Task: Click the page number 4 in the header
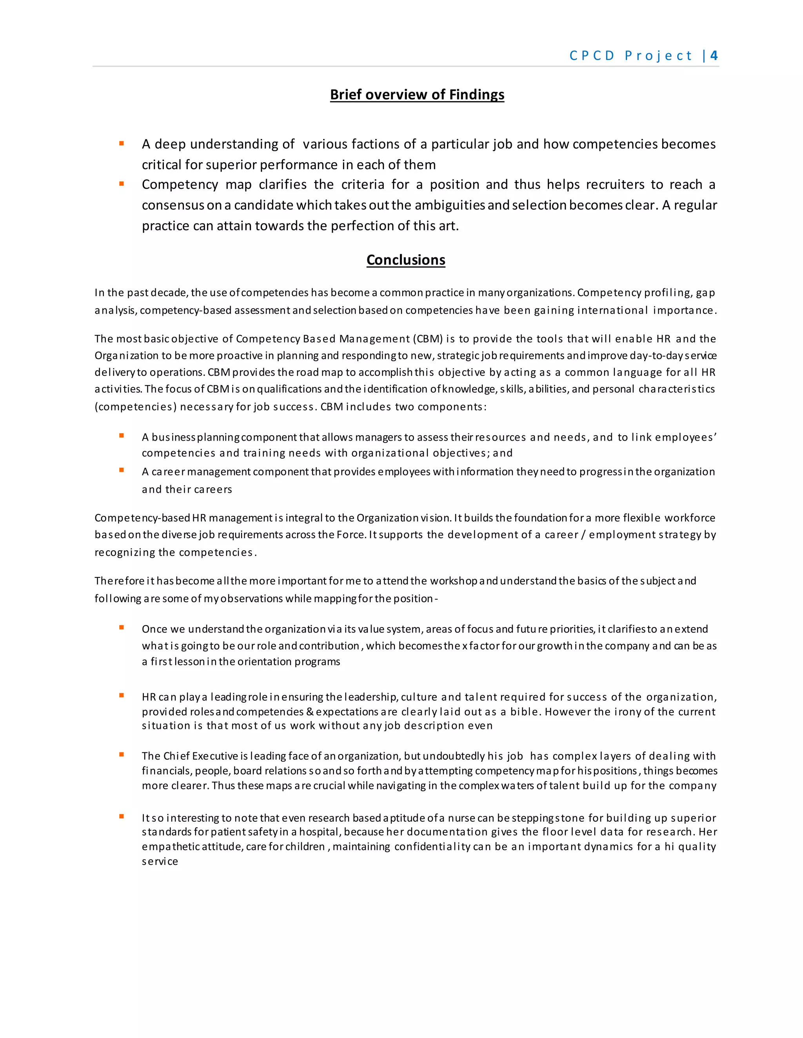pos(714,56)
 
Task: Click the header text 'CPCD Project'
pos(630,56)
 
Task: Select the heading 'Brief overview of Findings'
pos(417,94)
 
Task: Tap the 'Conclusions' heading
pos(406,260)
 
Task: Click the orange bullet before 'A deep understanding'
pos(122,143)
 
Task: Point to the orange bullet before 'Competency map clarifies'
pos(122,183)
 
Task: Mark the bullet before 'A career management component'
pos(122,470)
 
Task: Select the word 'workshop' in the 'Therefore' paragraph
pos(454,581)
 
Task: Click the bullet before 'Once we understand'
pos(122,628)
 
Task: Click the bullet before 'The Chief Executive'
pos(122,754)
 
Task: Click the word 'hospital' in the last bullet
pos(322,832)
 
